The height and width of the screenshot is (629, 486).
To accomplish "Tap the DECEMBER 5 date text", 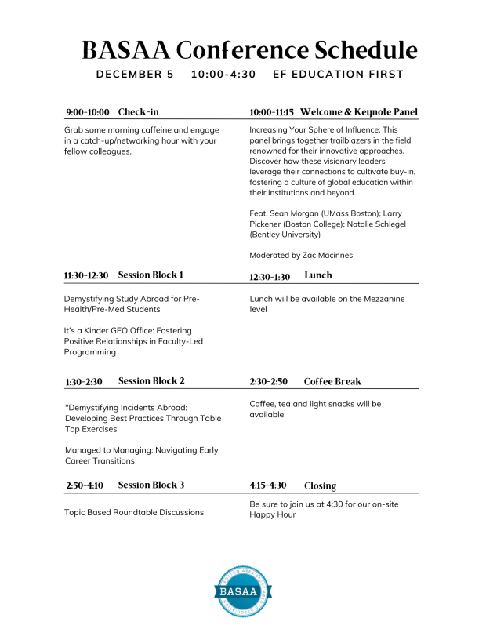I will [x=135, y=75].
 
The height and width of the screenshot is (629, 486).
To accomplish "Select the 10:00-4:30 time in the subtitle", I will [x=223, y=75].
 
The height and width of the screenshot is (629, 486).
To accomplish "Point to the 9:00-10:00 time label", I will [x=88, y=112].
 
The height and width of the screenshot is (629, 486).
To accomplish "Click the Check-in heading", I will [x=139, y=112].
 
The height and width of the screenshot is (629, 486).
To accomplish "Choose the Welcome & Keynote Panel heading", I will [x=359, y=112].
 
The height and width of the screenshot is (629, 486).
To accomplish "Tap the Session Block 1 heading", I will [x=151, y=275].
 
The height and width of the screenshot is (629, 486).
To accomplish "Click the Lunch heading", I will [x=318, y=276].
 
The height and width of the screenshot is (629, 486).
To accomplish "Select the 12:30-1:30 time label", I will [x=270, y=277].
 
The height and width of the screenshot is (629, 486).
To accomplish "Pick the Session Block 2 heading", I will [x=151, y=381].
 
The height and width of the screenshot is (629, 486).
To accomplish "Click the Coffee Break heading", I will [x=332, y=382].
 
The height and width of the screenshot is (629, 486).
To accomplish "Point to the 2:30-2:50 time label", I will [x=269, y=382].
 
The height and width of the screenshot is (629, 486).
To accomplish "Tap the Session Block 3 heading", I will [x=151, y=485].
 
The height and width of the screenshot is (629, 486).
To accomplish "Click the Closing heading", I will [x=321, y=486].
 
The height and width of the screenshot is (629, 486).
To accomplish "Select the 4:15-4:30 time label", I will [x=268, y=486].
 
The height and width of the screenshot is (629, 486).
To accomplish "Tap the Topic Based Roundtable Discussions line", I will [x=134, y=512].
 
